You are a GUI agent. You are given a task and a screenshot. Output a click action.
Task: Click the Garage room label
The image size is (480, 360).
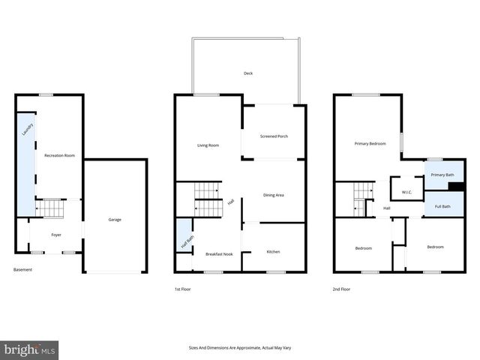pyautogui.click(x=115, y=220)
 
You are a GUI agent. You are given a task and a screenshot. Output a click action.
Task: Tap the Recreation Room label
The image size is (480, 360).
pyautogui.click(x=59, y=155)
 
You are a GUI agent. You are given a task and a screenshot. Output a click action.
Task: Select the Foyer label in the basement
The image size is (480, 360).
pyautogui.click(x=56, y=235)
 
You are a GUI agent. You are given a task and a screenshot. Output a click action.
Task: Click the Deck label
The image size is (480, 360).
pyautogui.click(x=247, y=73)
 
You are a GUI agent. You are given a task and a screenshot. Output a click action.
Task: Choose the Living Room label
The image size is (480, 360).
pyautogui.click(x=208, y=145)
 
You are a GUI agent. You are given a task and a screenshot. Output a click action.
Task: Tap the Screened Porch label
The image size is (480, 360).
pyautogui.click(x=274, y=136)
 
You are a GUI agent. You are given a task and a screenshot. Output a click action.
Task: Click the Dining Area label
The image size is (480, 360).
pyautogui.click(x=273, y=195)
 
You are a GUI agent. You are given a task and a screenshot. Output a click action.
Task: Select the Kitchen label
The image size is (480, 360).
pyautogui.click(x=273, y=251)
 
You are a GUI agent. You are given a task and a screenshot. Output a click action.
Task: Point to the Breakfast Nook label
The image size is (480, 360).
pyautogui.click(x=219, y=254)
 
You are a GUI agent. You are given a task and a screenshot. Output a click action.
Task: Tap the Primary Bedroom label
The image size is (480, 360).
pyautogui.click(x=370, y=142)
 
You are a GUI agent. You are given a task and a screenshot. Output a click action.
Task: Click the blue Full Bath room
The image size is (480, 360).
pyautogui.click(x=440, y=205)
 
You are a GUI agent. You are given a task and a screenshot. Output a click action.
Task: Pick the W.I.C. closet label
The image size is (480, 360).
pyautogui.click(x=407, y=192)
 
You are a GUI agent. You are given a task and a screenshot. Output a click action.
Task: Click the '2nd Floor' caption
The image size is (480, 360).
pyautogui.click(x=341, y=289)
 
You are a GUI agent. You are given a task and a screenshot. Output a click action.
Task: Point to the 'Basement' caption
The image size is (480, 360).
pyautogui.click(x=22, y=270)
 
